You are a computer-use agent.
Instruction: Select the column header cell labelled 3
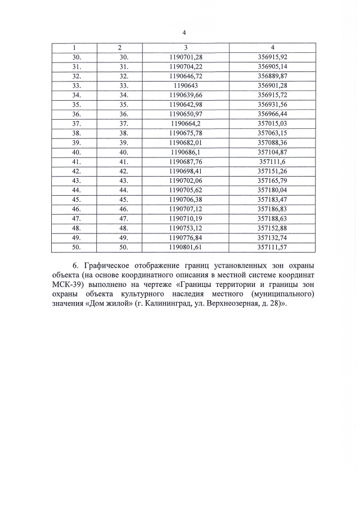pos(186,47)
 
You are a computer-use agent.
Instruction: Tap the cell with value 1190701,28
pos(186,56)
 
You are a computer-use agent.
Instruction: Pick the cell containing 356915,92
pos(272,56)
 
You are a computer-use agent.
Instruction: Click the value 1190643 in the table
pos(186,85)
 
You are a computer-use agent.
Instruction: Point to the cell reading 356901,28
pos(272,85)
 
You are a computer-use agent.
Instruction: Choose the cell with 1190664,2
pos(186,124)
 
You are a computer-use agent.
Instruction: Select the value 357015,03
pos(272,124)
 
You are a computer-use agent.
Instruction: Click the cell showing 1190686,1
pos(186,152)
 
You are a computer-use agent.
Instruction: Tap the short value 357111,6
pos(272,162)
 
